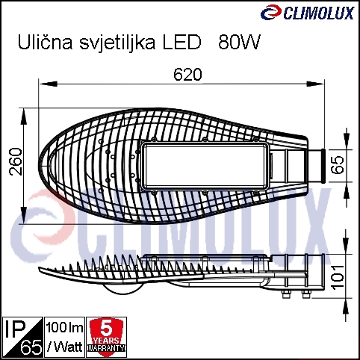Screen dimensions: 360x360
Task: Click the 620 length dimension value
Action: (187, 75)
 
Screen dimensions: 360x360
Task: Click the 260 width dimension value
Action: (16, 161)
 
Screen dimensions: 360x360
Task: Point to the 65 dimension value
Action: (338, 165)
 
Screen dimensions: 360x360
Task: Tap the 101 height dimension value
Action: (338, 277)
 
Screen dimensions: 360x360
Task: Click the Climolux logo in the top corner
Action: (307, 13)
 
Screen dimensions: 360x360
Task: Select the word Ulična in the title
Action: (45, 42)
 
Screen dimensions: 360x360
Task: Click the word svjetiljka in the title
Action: (118, 43)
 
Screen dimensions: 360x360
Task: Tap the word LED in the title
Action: (181, 42)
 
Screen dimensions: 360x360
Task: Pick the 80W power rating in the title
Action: (239, 42)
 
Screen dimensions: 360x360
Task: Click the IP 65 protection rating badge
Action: (22, 337)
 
